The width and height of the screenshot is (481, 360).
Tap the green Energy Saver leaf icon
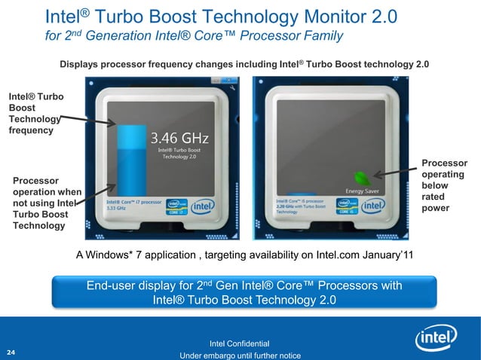(x=363, y=178)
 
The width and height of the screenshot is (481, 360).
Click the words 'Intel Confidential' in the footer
(x=240, y=344)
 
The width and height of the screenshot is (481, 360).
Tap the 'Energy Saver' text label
(x=361, y=191)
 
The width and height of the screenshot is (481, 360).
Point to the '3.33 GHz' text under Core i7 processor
(x=116, y=209)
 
